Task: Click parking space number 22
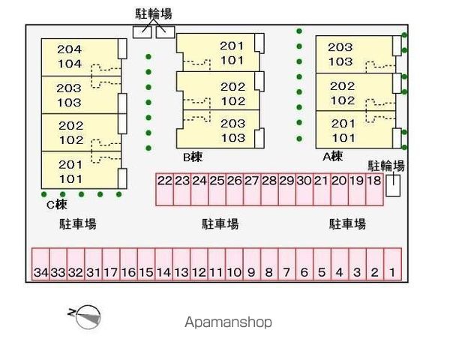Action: pos(165,190)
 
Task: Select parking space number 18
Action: pos(374,190)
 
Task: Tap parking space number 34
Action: pos(40,264)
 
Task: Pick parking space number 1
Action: pos(392,264)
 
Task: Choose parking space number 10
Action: pos(235,264)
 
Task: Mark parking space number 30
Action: pos(304,190)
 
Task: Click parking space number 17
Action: pos(111,264)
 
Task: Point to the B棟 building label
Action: pos(193,157)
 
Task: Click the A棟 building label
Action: pos(333,157)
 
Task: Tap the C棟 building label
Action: pos(57,205)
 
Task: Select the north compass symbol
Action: pos(88,317)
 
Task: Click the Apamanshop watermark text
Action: pos(228,322)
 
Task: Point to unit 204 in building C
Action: pos(70,49)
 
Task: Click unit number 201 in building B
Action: pos(232,46)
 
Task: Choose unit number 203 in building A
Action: pos(340,47)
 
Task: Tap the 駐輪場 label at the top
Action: pos(154,14)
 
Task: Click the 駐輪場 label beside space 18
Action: pos(386,166)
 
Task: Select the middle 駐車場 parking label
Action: pos(220,224)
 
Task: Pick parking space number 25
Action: pos(217,190)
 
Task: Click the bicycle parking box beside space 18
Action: pos(393,185)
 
